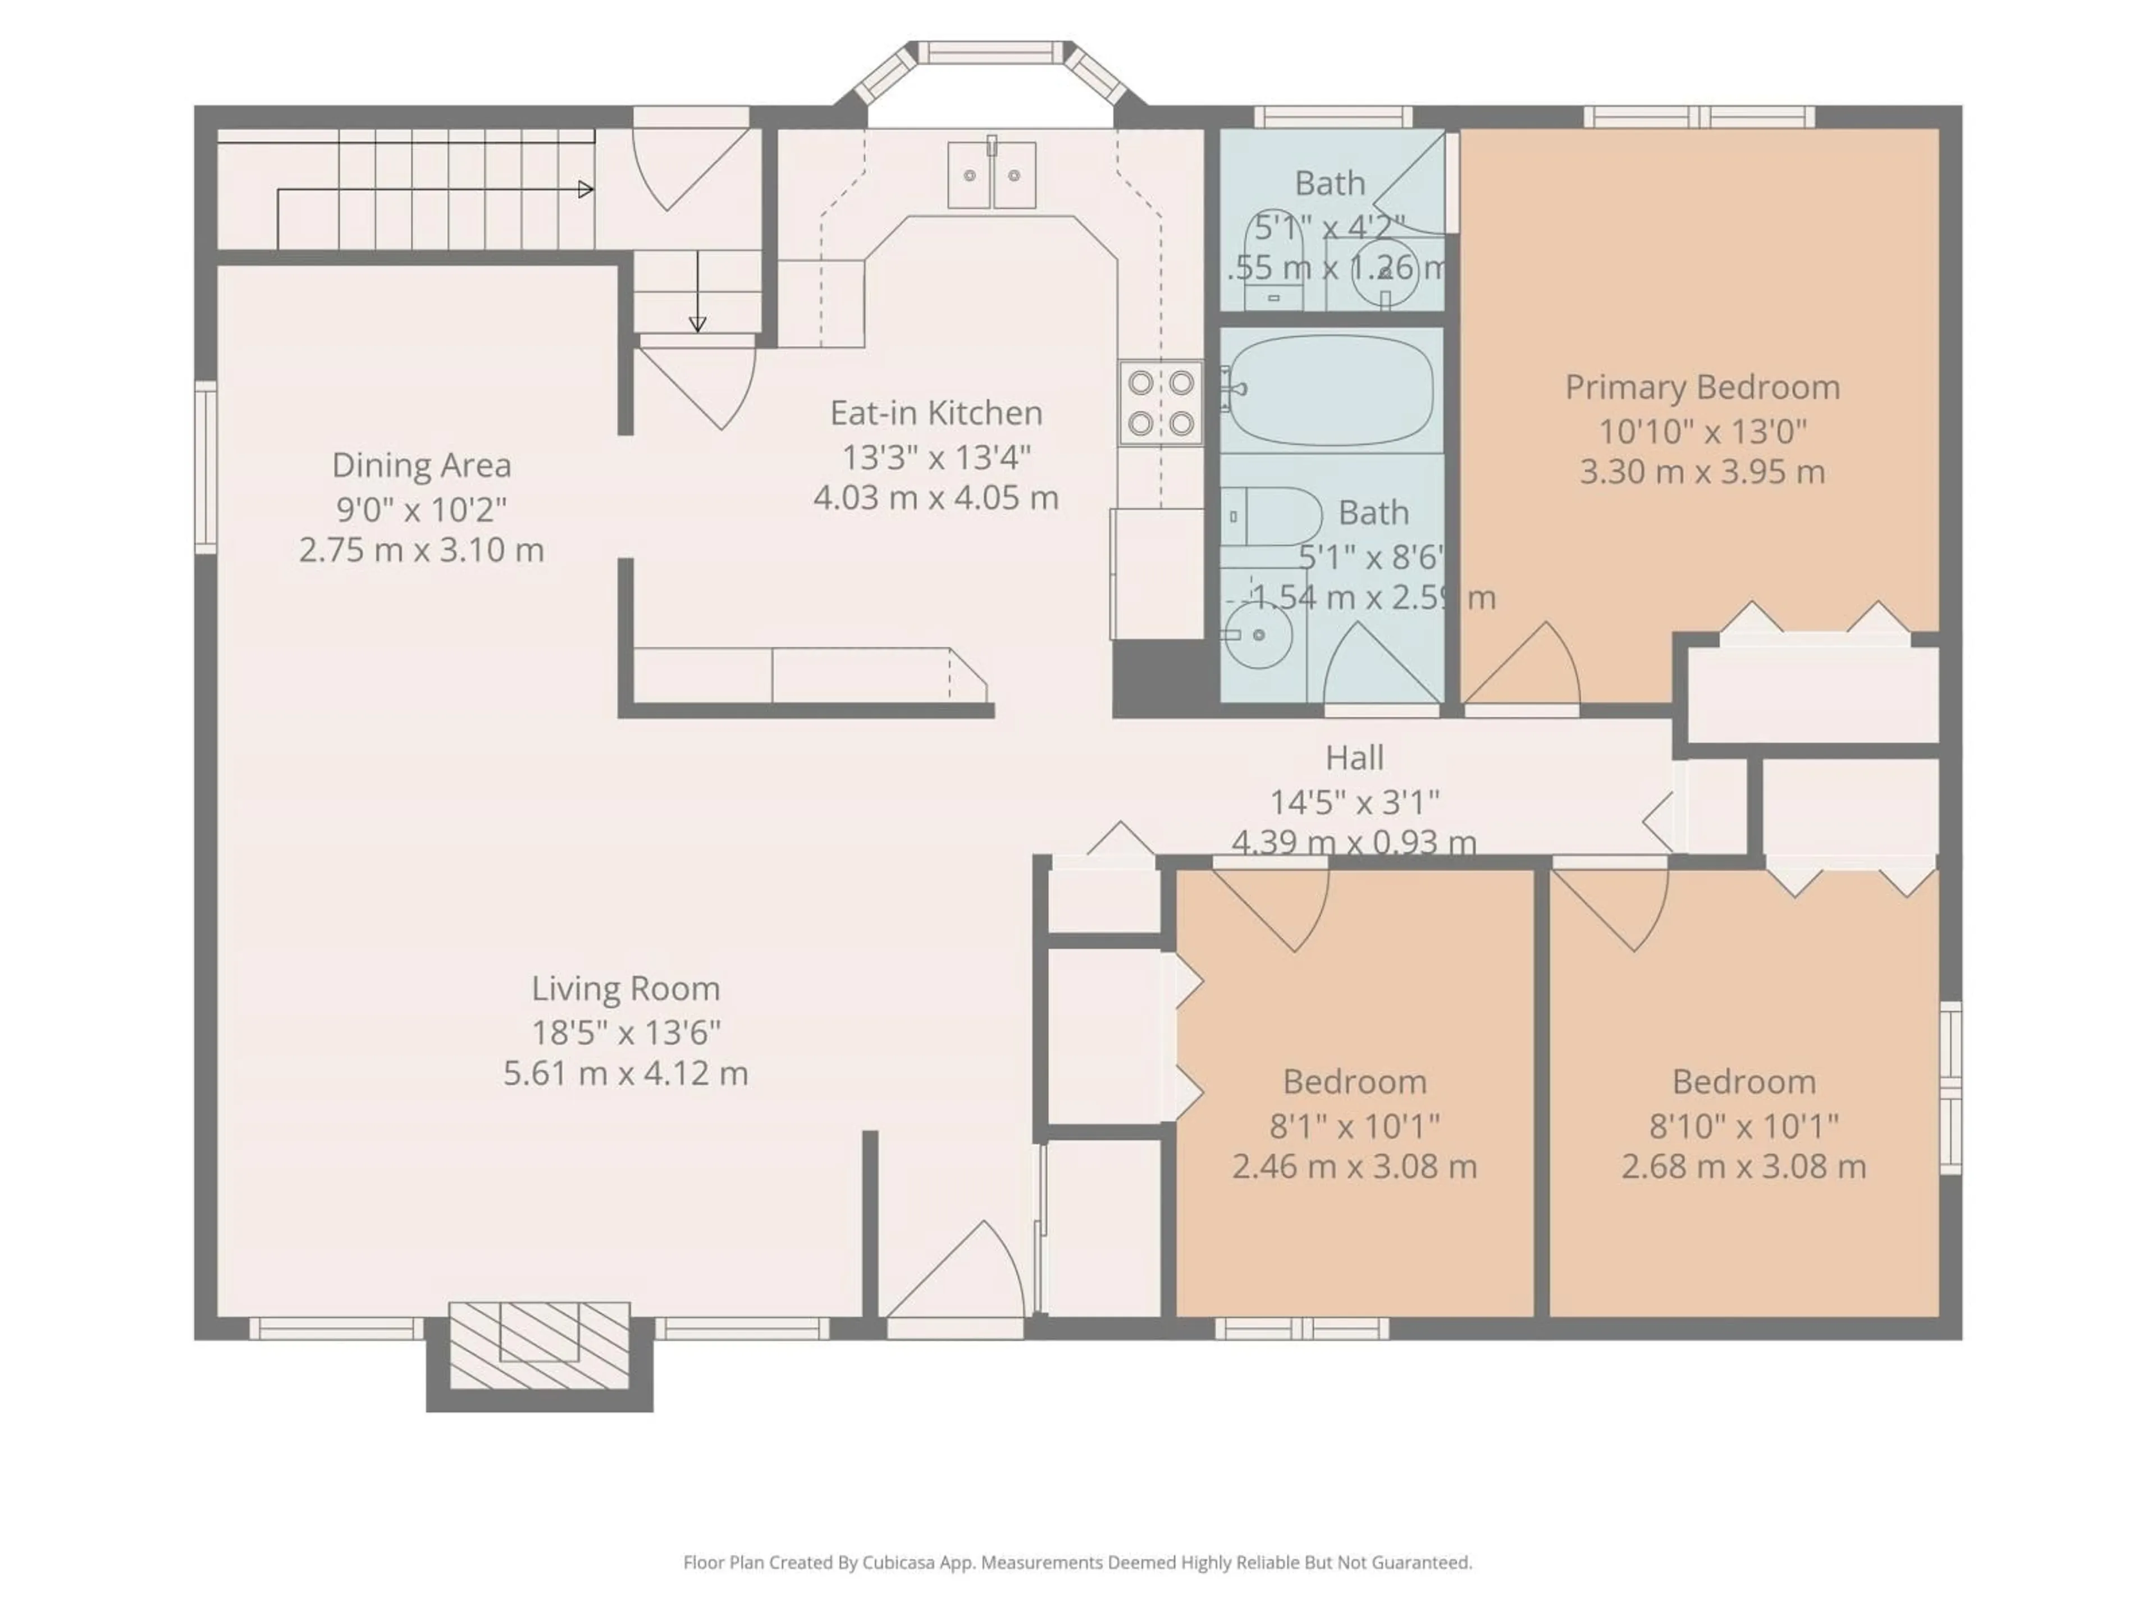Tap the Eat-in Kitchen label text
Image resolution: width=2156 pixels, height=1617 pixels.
(x=936, y=413)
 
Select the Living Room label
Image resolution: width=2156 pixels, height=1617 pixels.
(x=626, y=988)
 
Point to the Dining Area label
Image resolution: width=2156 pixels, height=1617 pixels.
(x=421, y=465)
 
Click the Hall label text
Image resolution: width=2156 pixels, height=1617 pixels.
(x=1354, y=757)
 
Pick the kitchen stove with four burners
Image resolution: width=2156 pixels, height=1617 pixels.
(x=1160, y=403)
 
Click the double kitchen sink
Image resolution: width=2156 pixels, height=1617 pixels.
(x=991, y=175)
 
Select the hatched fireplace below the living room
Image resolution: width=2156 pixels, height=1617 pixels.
(x=539, y=1345)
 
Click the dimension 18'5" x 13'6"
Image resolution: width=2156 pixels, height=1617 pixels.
(x=626, y=1031)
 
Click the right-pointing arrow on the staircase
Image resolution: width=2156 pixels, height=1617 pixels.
(x=585, y=189)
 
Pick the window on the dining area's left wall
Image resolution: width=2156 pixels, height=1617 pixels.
(x=205, y=468)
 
